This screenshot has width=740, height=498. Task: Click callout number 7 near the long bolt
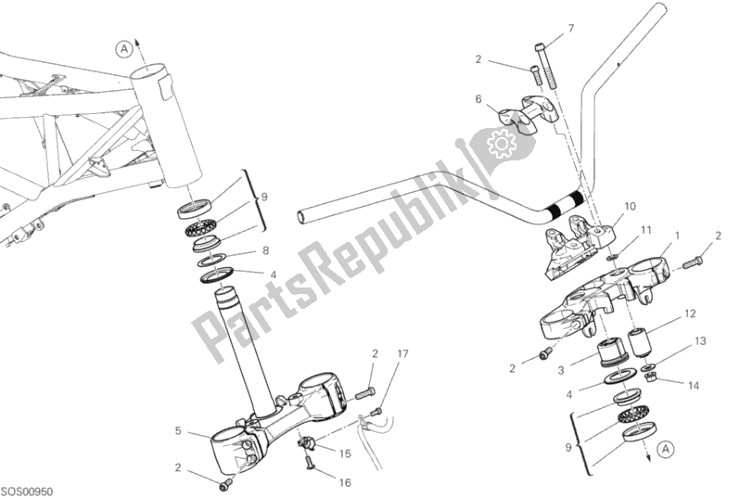pyautogui.click(x=571, y=29)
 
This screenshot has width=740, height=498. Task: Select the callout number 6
pyautogui.click(x=478, y=98)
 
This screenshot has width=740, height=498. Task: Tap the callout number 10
pyautogui.click(x=631, y=206)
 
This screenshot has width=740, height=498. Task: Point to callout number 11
pyautogui.click(x=646, y=228)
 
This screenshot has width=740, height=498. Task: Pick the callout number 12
pyautogui.click(x=689, y=313)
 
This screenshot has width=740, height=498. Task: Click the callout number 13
pyautogui.click(x=700, y=341)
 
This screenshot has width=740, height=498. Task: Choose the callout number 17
pyautogui.click(x=403, y=353)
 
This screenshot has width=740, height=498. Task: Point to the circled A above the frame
pyautogui.click(x=123, y=50)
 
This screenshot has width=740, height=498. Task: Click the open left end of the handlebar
pyautogui.click(x=301, y=217)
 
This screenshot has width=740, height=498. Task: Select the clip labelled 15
pyautogui.click(x=305, y=442)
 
